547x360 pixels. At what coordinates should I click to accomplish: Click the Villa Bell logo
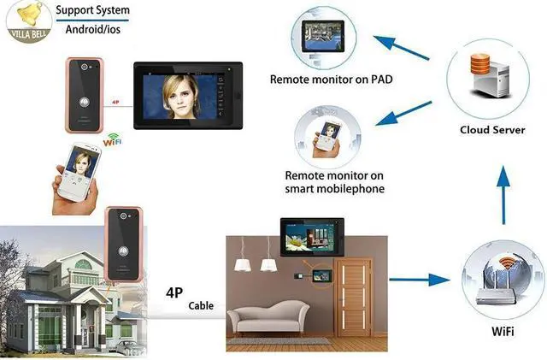tap(29, 21)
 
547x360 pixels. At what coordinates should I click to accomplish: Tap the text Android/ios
tap(93, 29)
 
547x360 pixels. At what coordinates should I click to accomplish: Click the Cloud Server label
tap(492, 130)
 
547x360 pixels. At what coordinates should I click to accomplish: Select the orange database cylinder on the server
tap(479, 63)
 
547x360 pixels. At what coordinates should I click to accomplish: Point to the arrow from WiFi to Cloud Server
tap(503, 195)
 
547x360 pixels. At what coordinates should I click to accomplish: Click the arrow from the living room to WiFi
tap(420, 280)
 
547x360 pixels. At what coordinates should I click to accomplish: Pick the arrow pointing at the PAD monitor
tap(401, 47)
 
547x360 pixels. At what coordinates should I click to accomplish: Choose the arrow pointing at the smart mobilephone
tap(403, 114)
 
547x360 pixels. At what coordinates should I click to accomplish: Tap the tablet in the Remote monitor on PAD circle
tap(323, 36)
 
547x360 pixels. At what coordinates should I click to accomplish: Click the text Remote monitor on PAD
tap(331, 80)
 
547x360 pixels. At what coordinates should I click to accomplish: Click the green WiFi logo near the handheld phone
tap(112, 139)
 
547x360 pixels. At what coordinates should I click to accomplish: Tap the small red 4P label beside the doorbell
tap(115, 102)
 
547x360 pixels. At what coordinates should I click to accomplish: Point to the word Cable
tap(201, 305)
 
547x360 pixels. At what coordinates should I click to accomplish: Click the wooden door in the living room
tap(353, 297)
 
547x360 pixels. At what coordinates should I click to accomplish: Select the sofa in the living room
tap(268, 318)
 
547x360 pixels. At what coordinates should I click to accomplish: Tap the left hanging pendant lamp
tap(243, 265)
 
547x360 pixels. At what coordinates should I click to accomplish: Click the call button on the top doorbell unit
tap(85, 102)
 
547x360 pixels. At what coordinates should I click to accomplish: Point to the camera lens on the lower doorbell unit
tap(123, 216)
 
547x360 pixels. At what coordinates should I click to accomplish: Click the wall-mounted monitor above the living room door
tap(312, 237)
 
